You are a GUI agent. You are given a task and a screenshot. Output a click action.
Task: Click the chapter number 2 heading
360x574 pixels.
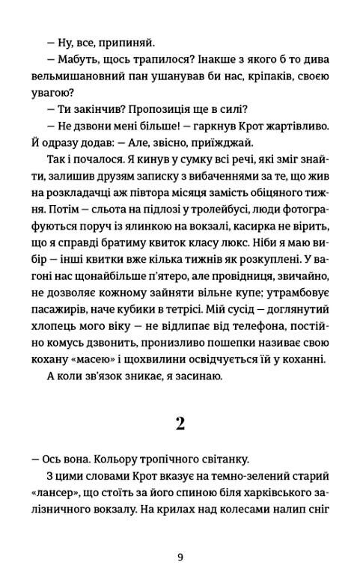pos(180,424)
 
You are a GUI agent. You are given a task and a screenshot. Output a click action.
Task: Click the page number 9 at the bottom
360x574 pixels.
pos(180,557)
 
